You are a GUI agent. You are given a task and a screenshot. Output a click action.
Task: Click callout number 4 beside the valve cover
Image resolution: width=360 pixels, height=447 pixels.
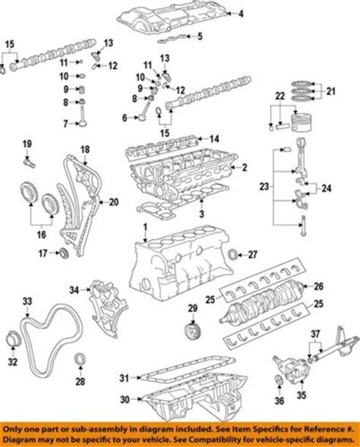coord(241,14)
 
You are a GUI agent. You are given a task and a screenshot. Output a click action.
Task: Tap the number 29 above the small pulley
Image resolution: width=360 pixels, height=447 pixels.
coord(192,307)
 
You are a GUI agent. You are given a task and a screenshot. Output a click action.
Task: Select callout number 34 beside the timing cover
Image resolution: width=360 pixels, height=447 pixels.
coord(74,289)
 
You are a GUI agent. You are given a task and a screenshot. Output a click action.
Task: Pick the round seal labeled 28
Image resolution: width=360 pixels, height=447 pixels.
coord(80,357)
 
